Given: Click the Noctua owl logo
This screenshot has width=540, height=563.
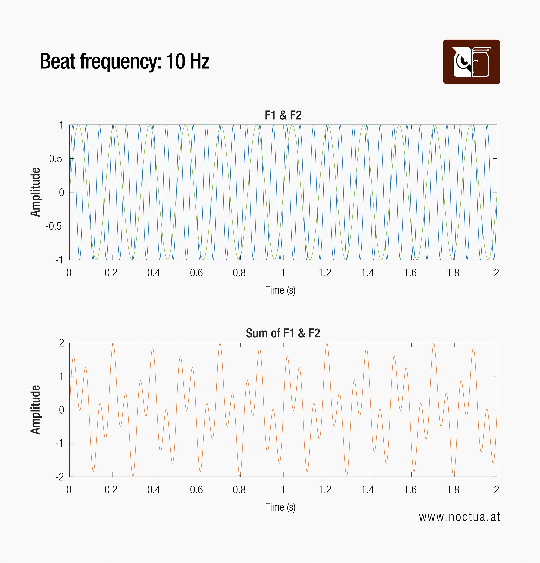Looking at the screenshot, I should (x=471, y=62).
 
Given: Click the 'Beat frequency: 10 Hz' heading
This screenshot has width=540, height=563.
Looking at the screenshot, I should (x=124, y=61).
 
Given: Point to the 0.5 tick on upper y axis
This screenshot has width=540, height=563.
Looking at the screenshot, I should (x=56, y=159).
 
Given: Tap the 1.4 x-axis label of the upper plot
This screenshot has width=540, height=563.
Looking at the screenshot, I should (x=368, y=273).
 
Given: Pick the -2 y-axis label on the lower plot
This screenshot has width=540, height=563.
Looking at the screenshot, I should (x=60, y=477).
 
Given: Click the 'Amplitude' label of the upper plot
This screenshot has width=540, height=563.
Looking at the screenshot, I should (x=35, y=192).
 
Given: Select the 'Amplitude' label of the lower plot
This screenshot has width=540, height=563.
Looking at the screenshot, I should (x=35, y=410).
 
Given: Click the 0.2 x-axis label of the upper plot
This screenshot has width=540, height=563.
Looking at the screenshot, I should (x=111, y=273).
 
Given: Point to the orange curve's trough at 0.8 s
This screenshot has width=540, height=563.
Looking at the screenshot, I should (x=240, y=476).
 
